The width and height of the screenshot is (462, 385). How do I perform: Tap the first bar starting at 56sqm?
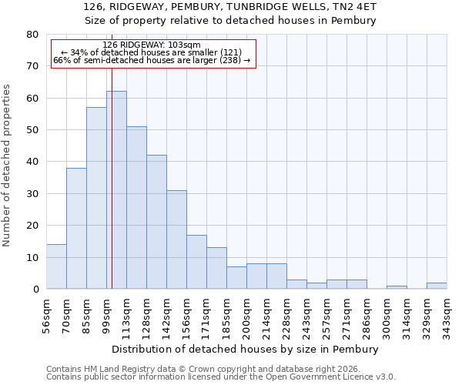[56, 266]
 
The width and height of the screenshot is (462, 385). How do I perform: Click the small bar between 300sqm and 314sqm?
[397, 287]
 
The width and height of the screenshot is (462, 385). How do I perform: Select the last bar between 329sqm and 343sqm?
[437, 286]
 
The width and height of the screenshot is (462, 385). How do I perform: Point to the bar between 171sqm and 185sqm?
[216, 268]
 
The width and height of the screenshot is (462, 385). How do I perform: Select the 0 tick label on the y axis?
[35, 290]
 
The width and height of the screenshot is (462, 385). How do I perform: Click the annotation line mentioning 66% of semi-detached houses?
[152, 60]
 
